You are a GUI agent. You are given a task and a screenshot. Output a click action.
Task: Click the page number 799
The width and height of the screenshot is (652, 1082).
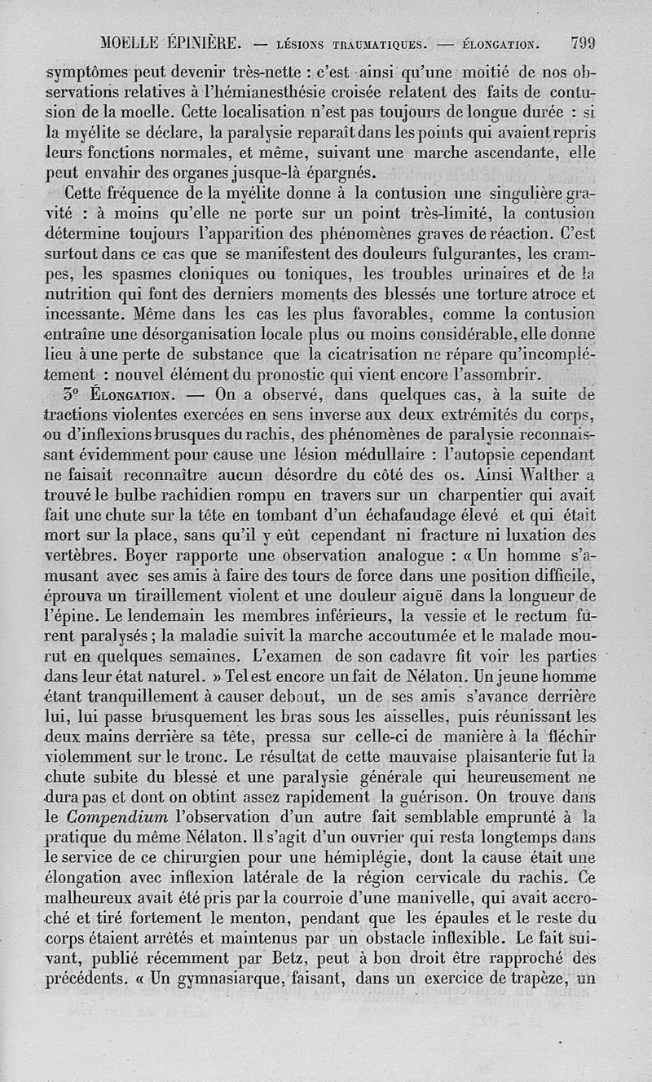click(587, 42)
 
